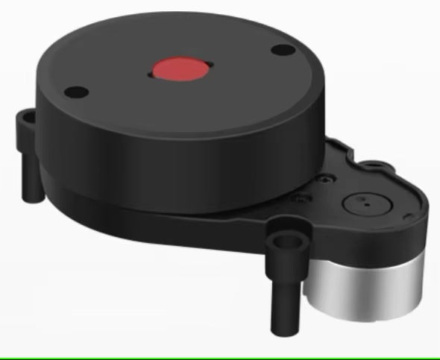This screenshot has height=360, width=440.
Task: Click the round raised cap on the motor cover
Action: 365,201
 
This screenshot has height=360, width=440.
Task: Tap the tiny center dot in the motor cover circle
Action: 362,199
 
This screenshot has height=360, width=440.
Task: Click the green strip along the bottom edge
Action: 220,357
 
